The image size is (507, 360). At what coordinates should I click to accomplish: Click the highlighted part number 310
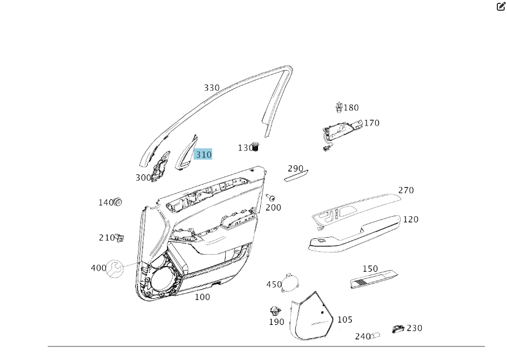click(203, 155)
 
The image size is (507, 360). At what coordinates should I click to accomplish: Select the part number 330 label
click(212, 88)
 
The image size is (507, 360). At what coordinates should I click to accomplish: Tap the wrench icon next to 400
click(115, 268)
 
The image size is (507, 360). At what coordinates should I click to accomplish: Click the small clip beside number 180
click(339, 106)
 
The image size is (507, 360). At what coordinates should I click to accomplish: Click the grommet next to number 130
click(255, 147)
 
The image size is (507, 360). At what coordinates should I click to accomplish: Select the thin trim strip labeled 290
click(295, 176)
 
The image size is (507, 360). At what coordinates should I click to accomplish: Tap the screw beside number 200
click(271, 198)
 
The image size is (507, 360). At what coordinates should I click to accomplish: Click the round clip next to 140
click(118, 202)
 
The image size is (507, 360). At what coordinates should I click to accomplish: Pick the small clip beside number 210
click(120, 238)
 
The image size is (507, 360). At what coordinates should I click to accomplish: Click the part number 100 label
click(202, 297)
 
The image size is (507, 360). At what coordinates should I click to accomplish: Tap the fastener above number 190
click(276, 310)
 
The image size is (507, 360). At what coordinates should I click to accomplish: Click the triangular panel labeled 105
click(312, 317)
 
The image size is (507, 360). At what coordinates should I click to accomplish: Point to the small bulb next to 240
click(376, 335)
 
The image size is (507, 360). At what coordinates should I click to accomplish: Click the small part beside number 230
click(398, 329)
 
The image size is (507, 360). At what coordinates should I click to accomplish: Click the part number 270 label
click(406, 190)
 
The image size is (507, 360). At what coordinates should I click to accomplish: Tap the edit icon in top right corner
click(501, 6)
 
